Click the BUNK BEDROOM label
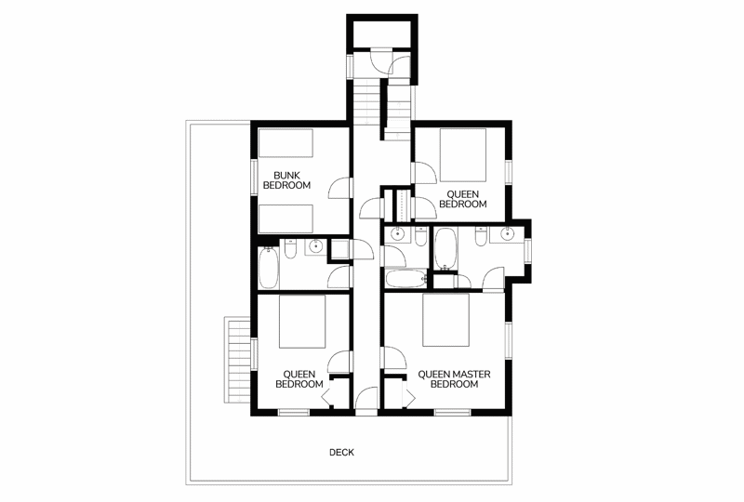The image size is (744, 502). pyautogui.click(x=286, y=180)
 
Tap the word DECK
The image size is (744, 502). pyautogui.click(x=341, y=452)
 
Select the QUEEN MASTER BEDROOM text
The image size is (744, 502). pyautogui.click(x=454, y=379)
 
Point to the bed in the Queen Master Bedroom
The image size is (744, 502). pyautogui.click(x=446, y=321)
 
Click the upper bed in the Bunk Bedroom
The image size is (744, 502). pyautogui.click(x=286, y=143)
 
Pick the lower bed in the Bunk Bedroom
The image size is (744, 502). pyautogui.click(x=286, y=218)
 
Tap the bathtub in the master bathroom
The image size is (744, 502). pyautogui.click(x=445, y=247)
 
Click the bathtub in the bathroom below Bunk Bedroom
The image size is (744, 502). pyautogui.click(x=269, y=268)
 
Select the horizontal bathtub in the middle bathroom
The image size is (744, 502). pyautogui.click(x=405, y=279)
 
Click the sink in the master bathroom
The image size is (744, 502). pyautogui.click(x=508, y=233)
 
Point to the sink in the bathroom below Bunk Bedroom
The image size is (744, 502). pyautogui.click(x=315, y=245)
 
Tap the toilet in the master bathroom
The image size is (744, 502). pyautogui.click(x=481, y=236)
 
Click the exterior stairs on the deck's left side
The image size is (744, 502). pyautogui.click(x=238, y=360)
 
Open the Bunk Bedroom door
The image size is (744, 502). pyautogui.click(x=340, y=188)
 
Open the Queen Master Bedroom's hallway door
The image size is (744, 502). pyautogui.click(x=393, y=357)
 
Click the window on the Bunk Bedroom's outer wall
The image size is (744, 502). pyautogui.click(x=254, y=176)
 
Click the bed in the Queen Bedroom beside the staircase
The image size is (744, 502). pyautogui.click(x=462, y=154)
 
